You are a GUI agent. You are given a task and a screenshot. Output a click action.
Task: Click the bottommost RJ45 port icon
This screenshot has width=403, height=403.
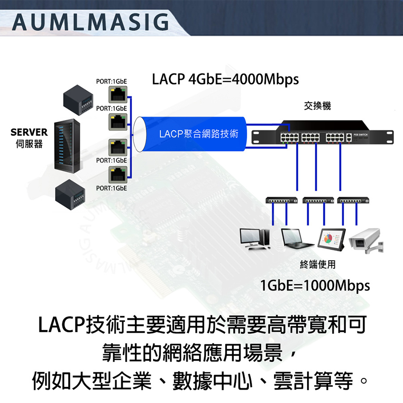(x=118, y=174)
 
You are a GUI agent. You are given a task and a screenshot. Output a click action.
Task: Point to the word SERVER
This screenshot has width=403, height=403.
(x=29, y=133)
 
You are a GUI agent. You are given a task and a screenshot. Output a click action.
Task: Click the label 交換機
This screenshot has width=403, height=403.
(x=317, y=106)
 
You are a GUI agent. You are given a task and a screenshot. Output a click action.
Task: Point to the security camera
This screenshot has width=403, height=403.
(x=367, y=240)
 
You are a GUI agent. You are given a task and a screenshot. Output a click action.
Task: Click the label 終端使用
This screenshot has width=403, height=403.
(x=317, y=265)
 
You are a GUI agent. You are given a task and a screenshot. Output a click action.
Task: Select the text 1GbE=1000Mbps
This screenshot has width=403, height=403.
(x=315, y=285)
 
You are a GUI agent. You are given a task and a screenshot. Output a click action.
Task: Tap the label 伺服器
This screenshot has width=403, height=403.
(x=29, y=144)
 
